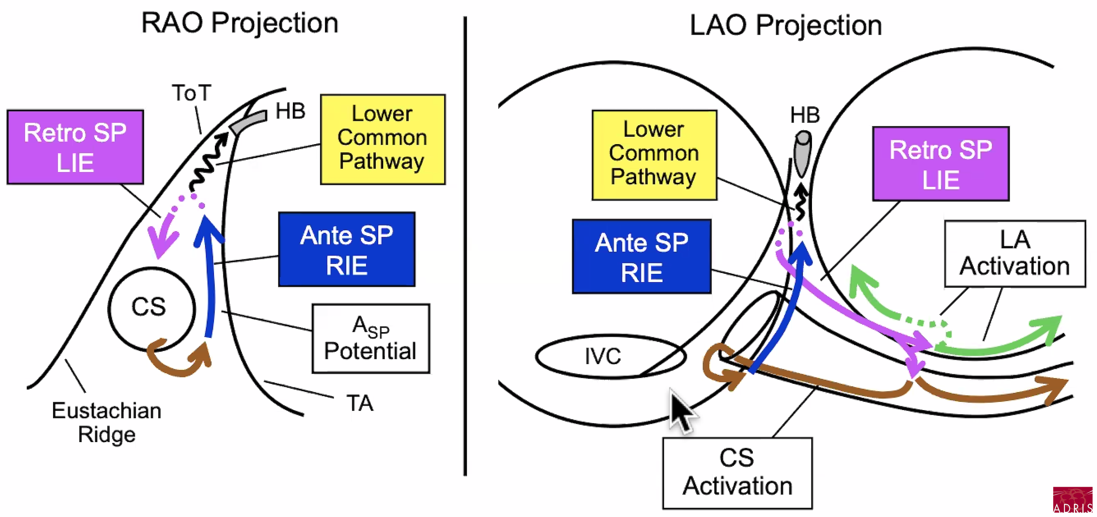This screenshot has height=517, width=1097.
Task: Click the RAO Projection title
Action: point(240,23)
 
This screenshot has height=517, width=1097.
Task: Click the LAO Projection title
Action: point(786,25)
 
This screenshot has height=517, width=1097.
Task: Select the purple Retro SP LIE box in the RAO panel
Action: point(75,147)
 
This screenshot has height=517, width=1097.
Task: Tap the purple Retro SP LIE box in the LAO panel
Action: point(941,164)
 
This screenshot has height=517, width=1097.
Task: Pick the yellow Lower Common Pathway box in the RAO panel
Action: point(383,139)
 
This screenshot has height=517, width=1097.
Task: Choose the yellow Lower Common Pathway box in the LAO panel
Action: point(655,155)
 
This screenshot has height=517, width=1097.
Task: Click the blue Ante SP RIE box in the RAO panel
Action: point(347,249)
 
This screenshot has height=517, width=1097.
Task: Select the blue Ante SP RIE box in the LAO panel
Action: point(642,256)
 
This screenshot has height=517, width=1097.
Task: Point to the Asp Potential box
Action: point(371,339)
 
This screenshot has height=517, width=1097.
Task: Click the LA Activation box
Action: point(1015,254)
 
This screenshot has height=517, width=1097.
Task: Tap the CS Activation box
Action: point(737,473)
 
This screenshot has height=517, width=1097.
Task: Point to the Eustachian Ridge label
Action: point(107,422)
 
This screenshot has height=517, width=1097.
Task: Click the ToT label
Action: point(192,93)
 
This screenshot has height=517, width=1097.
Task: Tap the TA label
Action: point(360,403)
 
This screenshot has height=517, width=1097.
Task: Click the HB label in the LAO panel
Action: point(805,115)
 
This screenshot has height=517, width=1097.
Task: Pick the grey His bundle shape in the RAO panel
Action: point(248,122)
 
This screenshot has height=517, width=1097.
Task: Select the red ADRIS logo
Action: point(1072,499)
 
